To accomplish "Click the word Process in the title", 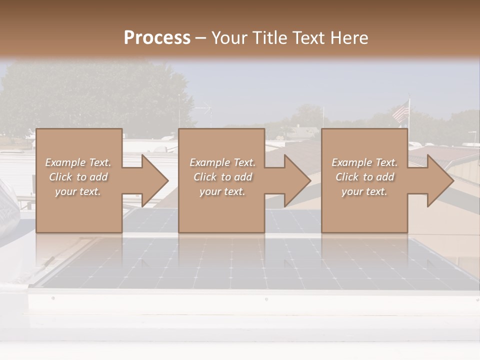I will click(x=157, y=38).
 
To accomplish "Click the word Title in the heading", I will click(x=268, y=38).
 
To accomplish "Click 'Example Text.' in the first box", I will click(x=78, y=162).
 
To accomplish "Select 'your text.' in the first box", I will click(x=78, y=191).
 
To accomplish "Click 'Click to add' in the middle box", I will click(x=222, y=177).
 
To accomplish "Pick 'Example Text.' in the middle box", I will click(x=222, y=162).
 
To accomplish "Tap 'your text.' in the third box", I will click(x=364, y=191).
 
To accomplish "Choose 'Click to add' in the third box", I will click(x=364, y=177).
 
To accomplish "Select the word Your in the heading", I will click(x=228, y=38).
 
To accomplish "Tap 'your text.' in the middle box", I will click(x=222, y=191).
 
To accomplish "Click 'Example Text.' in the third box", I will click(x=364, y=162).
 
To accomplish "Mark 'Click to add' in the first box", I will click(x=78, y=177).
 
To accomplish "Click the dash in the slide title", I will click(x=200, y=38).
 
